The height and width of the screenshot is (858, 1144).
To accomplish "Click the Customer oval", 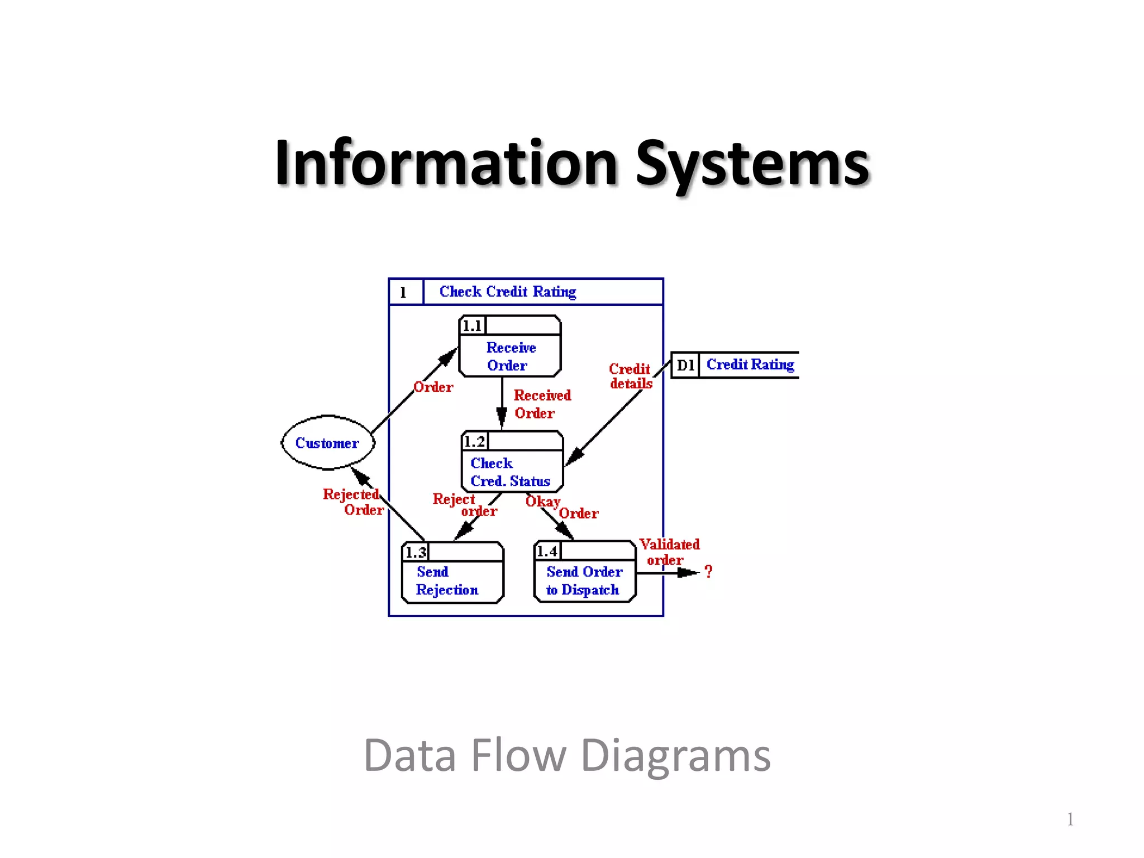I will tap(327, 442).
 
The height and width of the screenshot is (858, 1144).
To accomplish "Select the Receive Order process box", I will tap(509, 356).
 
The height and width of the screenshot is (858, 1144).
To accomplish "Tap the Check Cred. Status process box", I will tap(512, 471).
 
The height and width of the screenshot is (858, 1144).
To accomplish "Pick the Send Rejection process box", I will tap(452, 580).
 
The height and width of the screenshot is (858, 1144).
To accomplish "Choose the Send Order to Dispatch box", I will tap(584, 580).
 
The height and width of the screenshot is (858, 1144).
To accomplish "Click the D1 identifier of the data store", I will tap(685, 365).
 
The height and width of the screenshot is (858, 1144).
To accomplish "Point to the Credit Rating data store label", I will tap(750, 365).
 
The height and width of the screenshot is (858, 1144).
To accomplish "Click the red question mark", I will tap(708, 571).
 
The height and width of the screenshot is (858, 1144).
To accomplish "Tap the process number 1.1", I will tap(472, 326).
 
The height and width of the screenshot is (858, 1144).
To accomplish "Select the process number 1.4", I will tap(547, 552).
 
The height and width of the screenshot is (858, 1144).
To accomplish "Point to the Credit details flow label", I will tap(630, 376).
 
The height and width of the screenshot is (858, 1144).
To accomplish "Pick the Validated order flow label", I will tap(669, 552).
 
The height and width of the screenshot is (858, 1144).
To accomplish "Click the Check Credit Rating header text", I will tap(507, 292).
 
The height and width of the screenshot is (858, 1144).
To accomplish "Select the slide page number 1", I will tap(1070, 819).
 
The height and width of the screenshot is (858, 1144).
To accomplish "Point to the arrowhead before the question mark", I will tap(688, 573).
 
